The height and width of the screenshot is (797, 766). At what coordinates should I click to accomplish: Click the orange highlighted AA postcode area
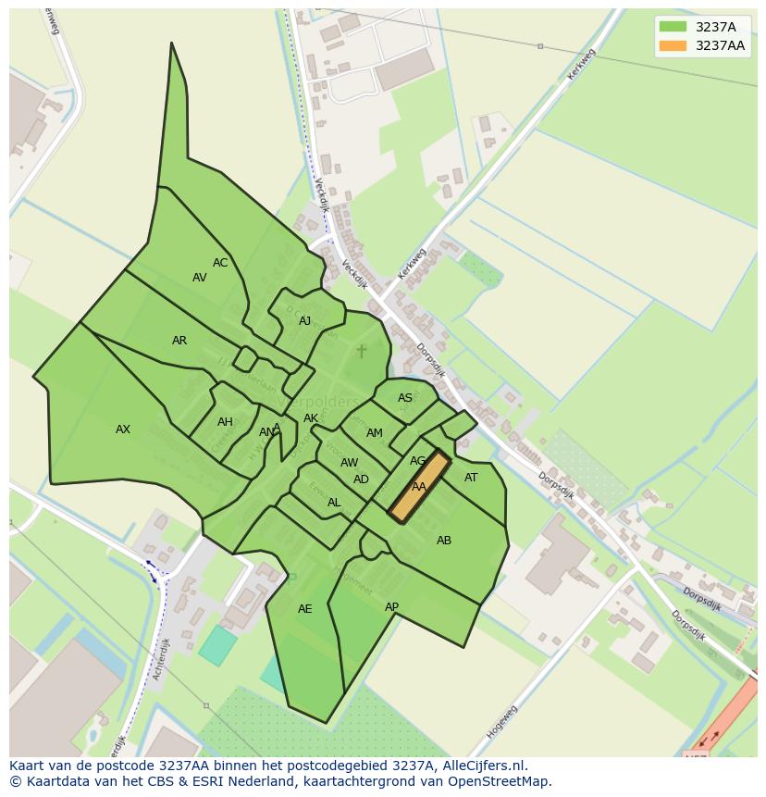coord(419,487)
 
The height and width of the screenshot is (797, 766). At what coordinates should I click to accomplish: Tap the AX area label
coord(123,430)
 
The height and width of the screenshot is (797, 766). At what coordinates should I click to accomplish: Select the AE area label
coord(305,609)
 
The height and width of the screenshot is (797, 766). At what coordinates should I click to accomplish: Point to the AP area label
coord(391,607)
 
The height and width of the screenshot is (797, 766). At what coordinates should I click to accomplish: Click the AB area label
coord(444,541)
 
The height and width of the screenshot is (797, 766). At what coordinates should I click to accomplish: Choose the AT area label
coord(471,478)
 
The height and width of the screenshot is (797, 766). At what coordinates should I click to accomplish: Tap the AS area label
coord(405,398)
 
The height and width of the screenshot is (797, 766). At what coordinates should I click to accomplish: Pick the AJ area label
coord(305,321)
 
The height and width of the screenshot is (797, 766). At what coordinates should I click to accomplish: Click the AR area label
coord(179,341)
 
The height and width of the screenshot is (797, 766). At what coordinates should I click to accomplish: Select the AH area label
coord(225,422)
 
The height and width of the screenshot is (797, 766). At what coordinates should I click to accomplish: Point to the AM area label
coord(375,433)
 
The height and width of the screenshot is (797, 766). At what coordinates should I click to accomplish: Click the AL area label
coord(334,503)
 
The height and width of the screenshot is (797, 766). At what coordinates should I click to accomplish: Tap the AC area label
coord(220,263)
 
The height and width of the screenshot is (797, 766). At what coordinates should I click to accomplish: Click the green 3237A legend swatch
coord(673,27)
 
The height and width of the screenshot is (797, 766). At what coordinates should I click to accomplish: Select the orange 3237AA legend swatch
coord(673,45)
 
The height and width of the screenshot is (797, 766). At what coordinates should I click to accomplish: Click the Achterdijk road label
coord(163,659)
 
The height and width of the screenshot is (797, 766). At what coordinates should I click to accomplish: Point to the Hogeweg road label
coord(501,722)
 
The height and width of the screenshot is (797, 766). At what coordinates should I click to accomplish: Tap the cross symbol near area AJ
coord(361,351)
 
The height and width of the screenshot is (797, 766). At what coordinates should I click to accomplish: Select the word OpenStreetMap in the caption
coord(502,781)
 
